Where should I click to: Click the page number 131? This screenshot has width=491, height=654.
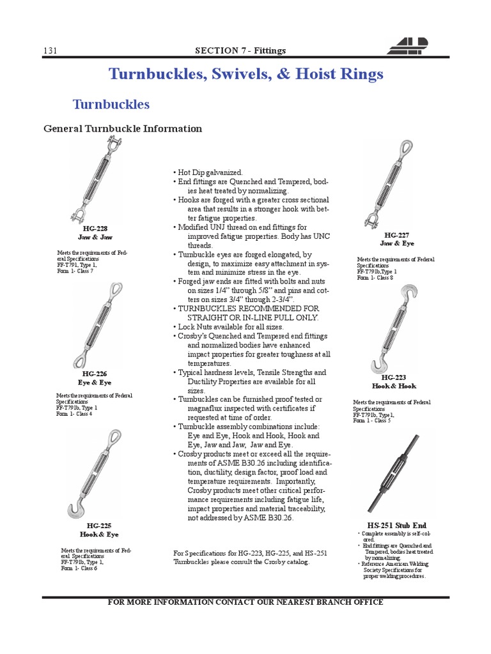(x=51, y=50)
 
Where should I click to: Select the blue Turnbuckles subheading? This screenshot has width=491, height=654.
(x=111, y=104)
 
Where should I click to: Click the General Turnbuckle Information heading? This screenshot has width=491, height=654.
(x=123, y=129)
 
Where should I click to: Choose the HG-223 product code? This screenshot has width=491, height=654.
(x=394, y=378)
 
